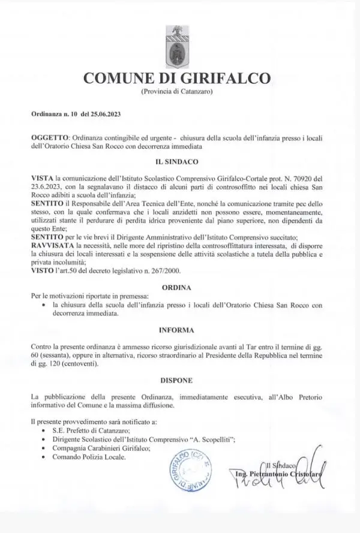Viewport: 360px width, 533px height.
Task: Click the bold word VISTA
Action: coord(41,179)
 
